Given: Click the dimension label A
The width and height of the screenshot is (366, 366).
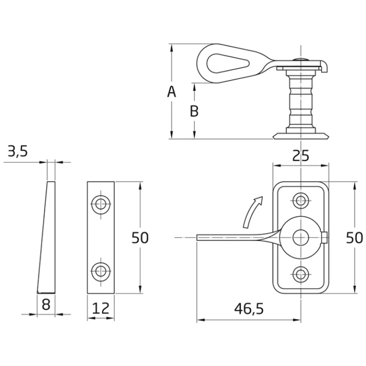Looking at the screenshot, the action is click(x=172, y=91).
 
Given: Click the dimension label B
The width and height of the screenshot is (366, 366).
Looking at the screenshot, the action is click(x=194, y=111).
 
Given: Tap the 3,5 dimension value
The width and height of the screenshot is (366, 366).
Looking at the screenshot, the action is click(x=18, y=151).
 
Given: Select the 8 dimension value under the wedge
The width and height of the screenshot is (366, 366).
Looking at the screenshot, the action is click(x=46, y=305).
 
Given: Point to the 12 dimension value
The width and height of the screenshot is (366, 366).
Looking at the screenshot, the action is click(x=101, y=308).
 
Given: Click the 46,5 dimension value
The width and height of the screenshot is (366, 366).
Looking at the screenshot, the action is click(x=249, y=309).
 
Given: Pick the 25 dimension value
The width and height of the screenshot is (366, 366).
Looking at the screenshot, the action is click(x=301, y=156).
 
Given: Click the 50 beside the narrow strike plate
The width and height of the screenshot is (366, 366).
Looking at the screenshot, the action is click(x=140, y=238).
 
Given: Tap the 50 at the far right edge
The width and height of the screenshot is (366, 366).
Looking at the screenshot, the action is click(x=355, y=238).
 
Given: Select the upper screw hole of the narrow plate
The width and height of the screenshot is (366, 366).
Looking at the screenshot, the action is click(x=101, y=204).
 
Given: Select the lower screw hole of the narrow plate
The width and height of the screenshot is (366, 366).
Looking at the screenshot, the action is click(x=101, y=271).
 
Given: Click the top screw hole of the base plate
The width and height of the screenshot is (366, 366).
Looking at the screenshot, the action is click(x=301, y=201).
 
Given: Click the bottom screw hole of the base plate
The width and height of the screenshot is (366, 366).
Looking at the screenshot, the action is click(x=301, y=274).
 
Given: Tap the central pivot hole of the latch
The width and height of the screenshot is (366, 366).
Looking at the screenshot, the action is click(x=301, y=237).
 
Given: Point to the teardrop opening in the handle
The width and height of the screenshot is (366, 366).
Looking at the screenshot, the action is click(x=228, y=63).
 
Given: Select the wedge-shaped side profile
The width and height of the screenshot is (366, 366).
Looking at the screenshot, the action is click(x=46, y=237).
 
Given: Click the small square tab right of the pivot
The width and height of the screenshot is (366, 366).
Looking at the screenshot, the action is click(x=325, y=238).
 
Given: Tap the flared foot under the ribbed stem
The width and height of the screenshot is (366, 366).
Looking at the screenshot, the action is click(x=301, y=136).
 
